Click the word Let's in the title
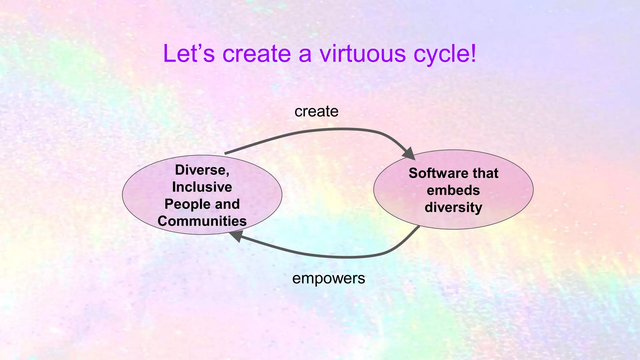tap(189, 54)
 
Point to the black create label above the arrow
tap(316, 112)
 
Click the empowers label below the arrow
tap(328, 278)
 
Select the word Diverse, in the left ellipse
tap(202, 170)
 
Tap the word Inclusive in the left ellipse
tap(202, 187)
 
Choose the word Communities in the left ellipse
tap(202, 221)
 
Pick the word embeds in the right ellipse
tap(453, 190)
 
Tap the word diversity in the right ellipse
tap(453, 207)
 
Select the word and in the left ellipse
tap(227, 204)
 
